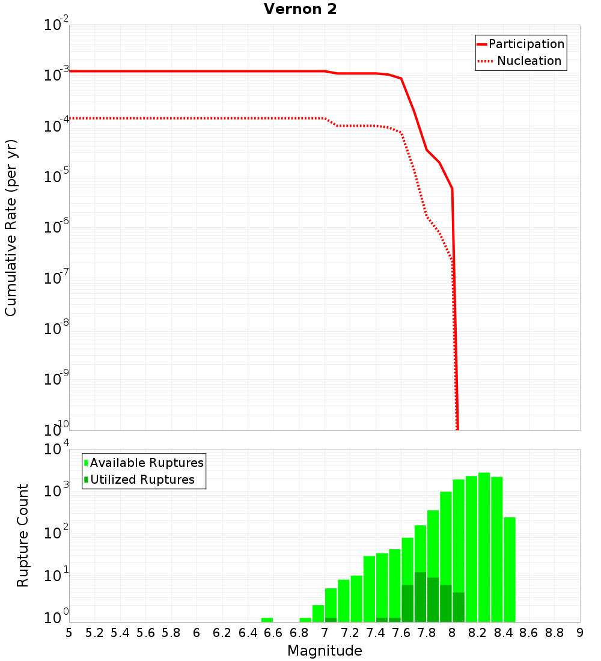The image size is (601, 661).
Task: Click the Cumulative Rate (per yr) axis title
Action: pos(11,228)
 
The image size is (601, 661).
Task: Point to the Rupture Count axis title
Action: pos(23,535)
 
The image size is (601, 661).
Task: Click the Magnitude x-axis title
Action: pos(325,651)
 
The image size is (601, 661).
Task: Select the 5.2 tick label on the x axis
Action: pos(94,633)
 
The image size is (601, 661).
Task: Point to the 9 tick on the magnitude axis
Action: pos(580,633)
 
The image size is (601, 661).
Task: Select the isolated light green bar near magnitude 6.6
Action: pos(267,620)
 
